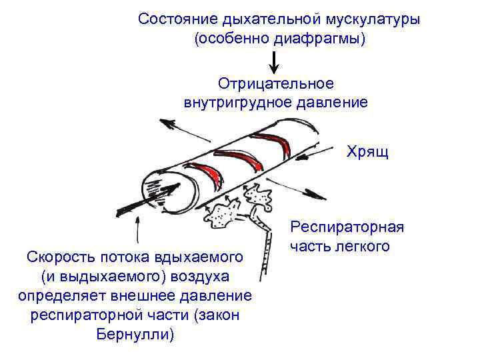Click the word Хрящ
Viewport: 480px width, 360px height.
pyautogui.click(x=367, y=152)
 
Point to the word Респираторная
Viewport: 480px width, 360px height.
pyautogui.click(x=347, y=227)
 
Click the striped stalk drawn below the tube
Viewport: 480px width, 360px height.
pyautogui.click(x=267, y=250)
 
